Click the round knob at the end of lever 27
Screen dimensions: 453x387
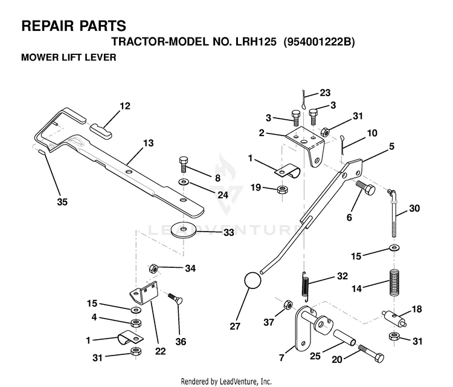pyautogui.click(x=253, y=280)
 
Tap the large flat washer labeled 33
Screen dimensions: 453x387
pyautogui.click(x=183, y=229)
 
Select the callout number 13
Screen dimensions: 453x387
pyautogui.click(x=149, y=143)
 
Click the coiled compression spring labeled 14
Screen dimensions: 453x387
pyautogui.click(x=394, y=282)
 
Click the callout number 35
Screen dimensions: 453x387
pyautogui.click(x=62, y=201)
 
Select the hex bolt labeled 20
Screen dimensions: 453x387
pyautogui.click(x=371, y=354)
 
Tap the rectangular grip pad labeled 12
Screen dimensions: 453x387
pyautogui.click(x=101, y=131)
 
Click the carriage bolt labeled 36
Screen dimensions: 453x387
pyautogui.click(x=175, y=299)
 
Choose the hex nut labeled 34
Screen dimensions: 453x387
pyautogui.click(x=153, y=269)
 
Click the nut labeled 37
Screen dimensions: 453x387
pyautogui.click(x=288, y=305)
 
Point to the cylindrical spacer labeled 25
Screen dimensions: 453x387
pyautogui.click(x=344, y=337)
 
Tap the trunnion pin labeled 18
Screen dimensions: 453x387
pyautogui.click(x=394, y=318)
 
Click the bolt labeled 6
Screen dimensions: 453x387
pyautogui.click(x=365, y=187)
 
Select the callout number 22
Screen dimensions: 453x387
pyautogui.click(x=160, y=351)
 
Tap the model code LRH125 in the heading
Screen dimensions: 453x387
pyautogui.click(x=255, y=42)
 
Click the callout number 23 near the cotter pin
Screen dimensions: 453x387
pyautogui.click(x=325, y=93)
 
